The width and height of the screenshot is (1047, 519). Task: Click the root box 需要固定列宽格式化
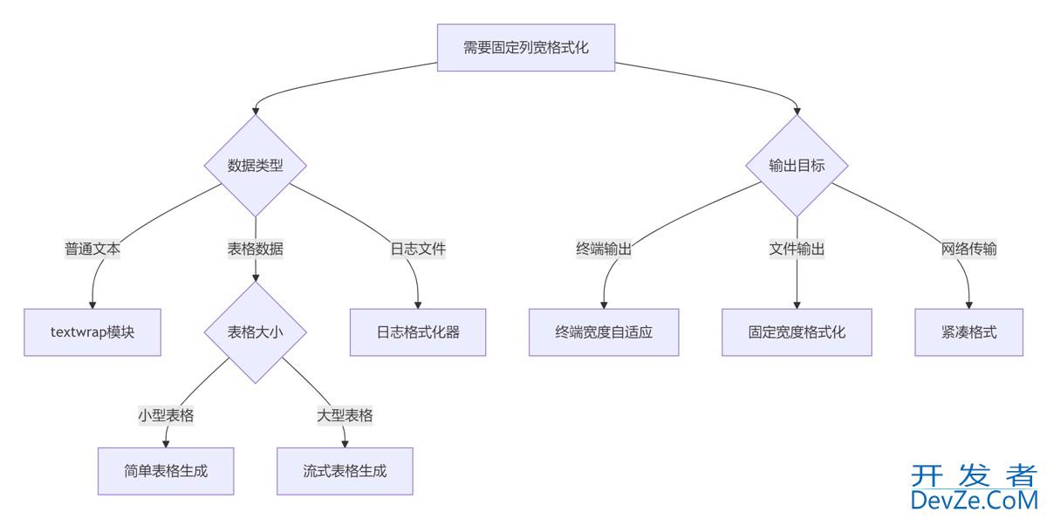[526, 47]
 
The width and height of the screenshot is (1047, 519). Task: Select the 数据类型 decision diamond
[256, 166]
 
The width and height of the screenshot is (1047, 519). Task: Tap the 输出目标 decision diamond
[797, 166]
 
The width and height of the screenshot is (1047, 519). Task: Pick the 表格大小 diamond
[256, 332]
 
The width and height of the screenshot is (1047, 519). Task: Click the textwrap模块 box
[92, 332]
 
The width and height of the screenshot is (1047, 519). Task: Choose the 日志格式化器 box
[418, 332]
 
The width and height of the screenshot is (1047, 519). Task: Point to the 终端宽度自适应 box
[604, 332]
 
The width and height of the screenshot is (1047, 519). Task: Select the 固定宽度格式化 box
[797, 332]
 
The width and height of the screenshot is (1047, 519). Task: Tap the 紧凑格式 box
[968, 332]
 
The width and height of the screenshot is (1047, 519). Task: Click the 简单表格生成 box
[166, 471]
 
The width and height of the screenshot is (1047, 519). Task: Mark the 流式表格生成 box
[345, 471]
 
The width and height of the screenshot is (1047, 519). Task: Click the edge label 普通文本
[92, 249]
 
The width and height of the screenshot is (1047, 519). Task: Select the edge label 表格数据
[256, 249]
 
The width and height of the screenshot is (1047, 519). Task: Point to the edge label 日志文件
[418, 249]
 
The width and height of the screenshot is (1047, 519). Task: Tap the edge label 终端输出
[604, 249]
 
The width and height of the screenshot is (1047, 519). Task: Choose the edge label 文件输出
[797, 249]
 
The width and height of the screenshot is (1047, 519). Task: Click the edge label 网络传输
[968, 249]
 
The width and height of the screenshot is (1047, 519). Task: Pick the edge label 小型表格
[166, 415]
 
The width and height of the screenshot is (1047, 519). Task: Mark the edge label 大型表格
[345, 415]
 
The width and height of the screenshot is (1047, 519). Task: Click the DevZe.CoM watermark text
[974, 499]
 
